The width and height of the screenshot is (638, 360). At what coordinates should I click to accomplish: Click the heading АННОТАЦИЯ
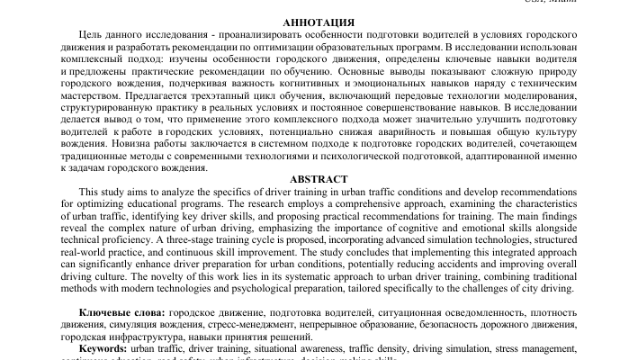pyautogui.click(x=319, y=21)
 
